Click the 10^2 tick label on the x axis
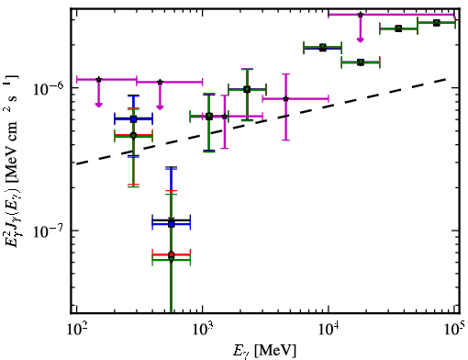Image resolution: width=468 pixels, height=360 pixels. [76, 330]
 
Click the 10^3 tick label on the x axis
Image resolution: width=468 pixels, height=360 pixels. [203, 330]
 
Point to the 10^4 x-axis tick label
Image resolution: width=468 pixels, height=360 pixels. [329, 330]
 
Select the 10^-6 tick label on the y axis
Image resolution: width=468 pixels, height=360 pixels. [49, 88]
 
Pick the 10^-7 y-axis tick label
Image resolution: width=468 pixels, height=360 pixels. [49, 231]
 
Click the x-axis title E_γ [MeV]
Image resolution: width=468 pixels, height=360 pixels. [264, 351]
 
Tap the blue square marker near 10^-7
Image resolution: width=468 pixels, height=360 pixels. [172, 224]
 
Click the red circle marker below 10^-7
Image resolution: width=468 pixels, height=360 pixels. [172, 254]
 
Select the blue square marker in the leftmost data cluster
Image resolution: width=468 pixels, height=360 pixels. [133, 119]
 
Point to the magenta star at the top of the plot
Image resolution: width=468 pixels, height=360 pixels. [361, 15]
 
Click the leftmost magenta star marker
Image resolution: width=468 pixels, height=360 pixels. [98, 79]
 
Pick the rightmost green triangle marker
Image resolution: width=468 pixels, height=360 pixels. [437, 23]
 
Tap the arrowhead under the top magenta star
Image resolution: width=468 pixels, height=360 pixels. [361, 39]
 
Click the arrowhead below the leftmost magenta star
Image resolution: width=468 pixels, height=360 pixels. [98, 105]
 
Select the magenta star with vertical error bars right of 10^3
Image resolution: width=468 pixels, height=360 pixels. [285, 98]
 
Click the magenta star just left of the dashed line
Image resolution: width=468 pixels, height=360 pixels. [225, 116]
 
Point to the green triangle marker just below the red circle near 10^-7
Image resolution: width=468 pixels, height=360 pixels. [172, 259]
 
